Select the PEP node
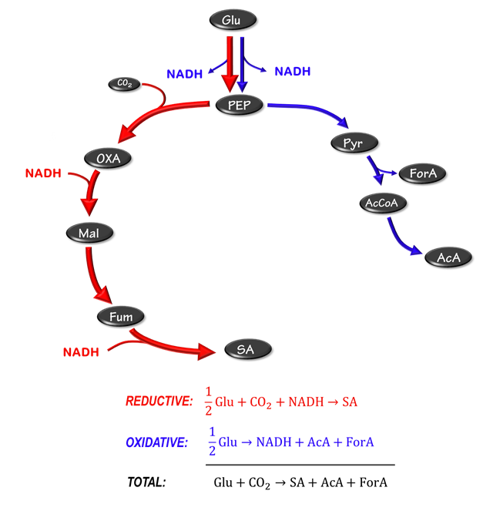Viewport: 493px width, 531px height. (240, 105)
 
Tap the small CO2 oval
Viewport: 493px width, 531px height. (124, 84)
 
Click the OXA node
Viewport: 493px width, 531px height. (109, 159)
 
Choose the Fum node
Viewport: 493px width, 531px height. (120, 316)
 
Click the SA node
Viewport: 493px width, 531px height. (247, 350)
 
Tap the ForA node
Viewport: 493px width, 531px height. (423, 174)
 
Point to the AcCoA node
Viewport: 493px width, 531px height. (382, 204)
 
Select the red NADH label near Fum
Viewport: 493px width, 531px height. (81, 352)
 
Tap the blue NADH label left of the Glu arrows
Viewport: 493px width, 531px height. (185, 75)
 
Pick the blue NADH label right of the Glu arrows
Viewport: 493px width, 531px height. (293, 71)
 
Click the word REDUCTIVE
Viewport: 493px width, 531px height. (158, 402)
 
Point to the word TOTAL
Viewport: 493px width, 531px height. (146, 482)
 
